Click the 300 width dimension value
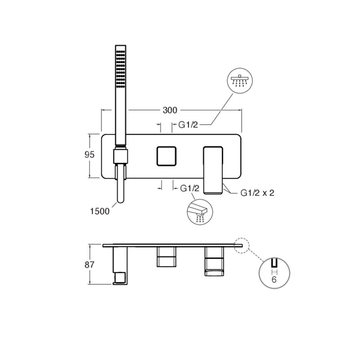pyautogui.click(x=170, y=110)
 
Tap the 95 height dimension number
pyautogui.click(x=89, y=155)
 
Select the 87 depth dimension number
pyautogui.click(x=89, y=265)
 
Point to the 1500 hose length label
pyautogui.click(x=100, y=211)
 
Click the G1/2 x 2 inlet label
pyautogui.click(x=257, y=193)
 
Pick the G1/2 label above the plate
pyautogui.click(x=188, y=125)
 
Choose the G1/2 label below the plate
pyautogui.click(x=189, y=188)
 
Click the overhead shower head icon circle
pyautogui.click(x=240, y=81)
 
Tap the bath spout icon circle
pyautogui.click(x=200, y=211)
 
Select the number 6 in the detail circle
pyautogui.click(x=274, y=279)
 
